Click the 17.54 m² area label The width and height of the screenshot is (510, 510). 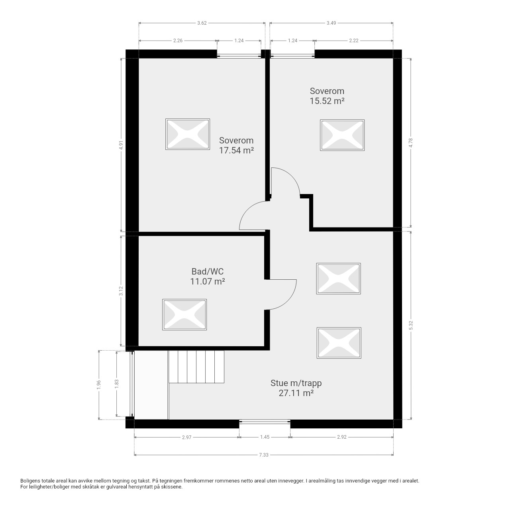point(236,150)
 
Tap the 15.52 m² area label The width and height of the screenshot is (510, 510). point(327,101)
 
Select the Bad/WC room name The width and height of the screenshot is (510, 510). point(208,271)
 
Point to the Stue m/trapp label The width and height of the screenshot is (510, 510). point(296,383)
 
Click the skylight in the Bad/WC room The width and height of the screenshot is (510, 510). point(184,315)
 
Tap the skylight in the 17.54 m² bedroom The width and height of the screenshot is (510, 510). point(188,134)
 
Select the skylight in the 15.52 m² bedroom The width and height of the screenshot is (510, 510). point(342,135)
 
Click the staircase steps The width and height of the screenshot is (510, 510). point(196,367)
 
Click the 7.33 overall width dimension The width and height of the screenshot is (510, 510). point(264,455)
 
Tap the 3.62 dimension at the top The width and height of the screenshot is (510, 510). point(202,23)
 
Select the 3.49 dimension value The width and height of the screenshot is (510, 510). point(331,23)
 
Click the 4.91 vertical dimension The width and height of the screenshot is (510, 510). point(121,145)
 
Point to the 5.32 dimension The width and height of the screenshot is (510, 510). point(411,325)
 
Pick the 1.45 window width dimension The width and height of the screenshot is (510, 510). point(265,437)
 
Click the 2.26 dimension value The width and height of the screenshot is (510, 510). point(178,41)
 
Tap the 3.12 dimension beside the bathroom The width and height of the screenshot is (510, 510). point(121,291)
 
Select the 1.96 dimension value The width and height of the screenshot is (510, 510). point(99,385)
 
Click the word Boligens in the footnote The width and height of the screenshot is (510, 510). point(30,481)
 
